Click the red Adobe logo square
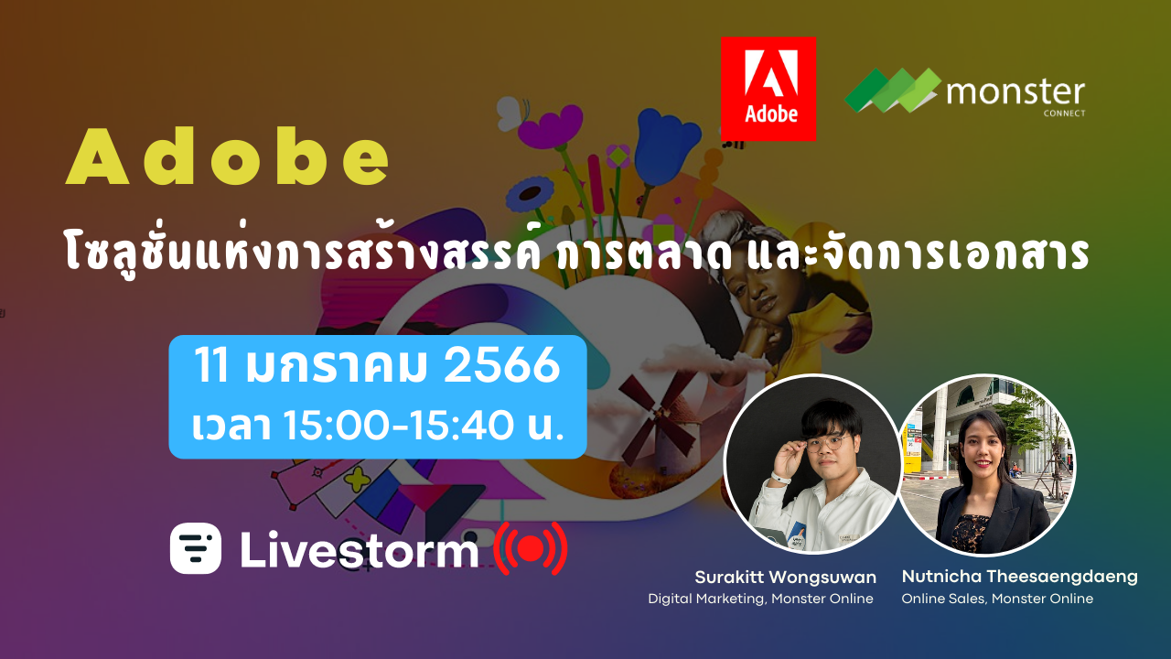(768, 88)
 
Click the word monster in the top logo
(1015, 92)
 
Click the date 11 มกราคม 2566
(377, 367)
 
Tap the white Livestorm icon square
(196, 548)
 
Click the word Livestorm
(359, 549)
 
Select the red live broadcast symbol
(530, 548)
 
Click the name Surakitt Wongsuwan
(785, 578)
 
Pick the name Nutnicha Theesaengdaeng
(1019, 577)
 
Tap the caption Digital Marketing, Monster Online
(760, 600)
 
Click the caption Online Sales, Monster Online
(997, 600)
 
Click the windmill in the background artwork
(658, 420)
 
